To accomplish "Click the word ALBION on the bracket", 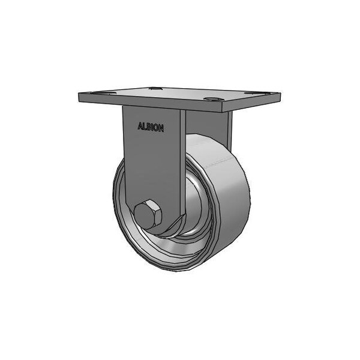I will coord(151,127).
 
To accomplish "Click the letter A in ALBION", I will coord(140,127).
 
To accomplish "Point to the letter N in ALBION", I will coord(163,127).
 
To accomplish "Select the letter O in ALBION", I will coord(158,127).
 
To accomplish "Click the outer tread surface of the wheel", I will coord(231,198).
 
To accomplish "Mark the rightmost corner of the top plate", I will coord(281,96).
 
